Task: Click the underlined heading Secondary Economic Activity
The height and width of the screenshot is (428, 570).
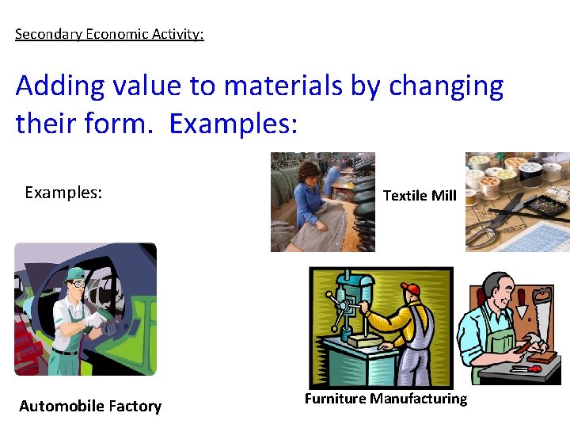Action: coord(109,35)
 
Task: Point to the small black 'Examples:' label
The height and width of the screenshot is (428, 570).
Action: coord(63,193)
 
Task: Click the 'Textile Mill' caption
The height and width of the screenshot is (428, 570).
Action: coord(420,195)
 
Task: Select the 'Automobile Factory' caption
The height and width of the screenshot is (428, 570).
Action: coord(90,406)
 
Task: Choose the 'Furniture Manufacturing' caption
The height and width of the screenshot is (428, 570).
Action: coord(386,399)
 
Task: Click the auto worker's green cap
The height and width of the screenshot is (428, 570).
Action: coord(77,273)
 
